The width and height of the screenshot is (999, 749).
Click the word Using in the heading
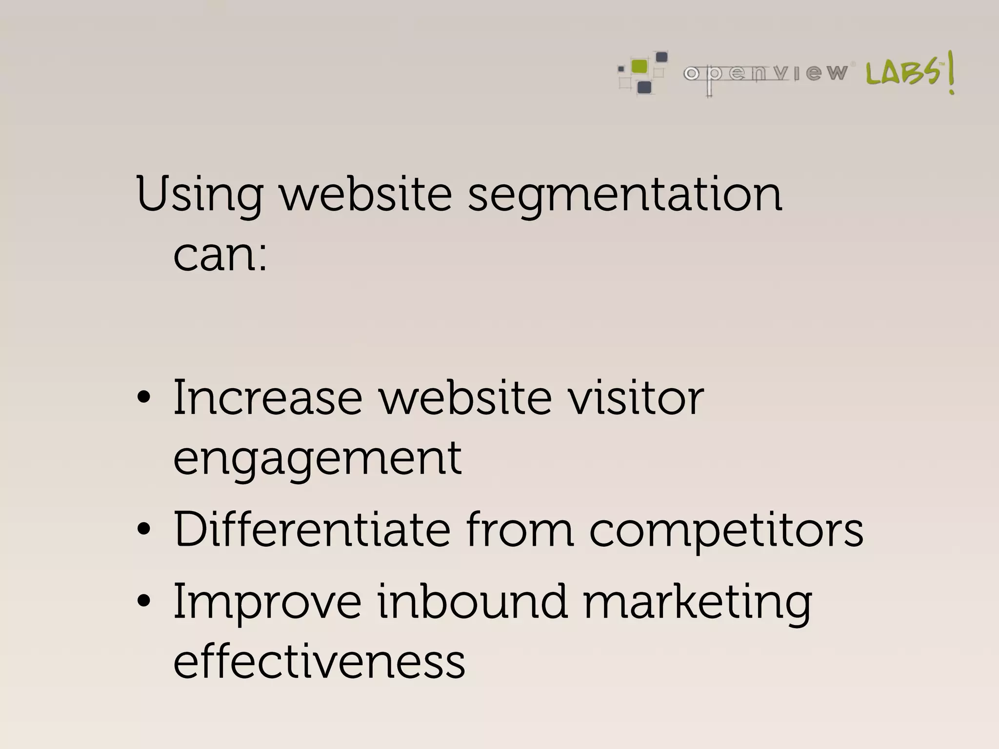tap(200, 195)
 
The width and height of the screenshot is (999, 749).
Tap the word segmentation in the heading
tap(625, 195)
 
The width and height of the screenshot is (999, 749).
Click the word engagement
tap(318, 459)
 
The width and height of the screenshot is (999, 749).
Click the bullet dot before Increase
tap(144, 397)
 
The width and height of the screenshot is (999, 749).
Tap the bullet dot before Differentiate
tap(144, 529)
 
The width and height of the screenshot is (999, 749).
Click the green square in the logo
tap(639, 66)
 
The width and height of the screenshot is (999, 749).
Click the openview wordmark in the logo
tap(765, 74)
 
